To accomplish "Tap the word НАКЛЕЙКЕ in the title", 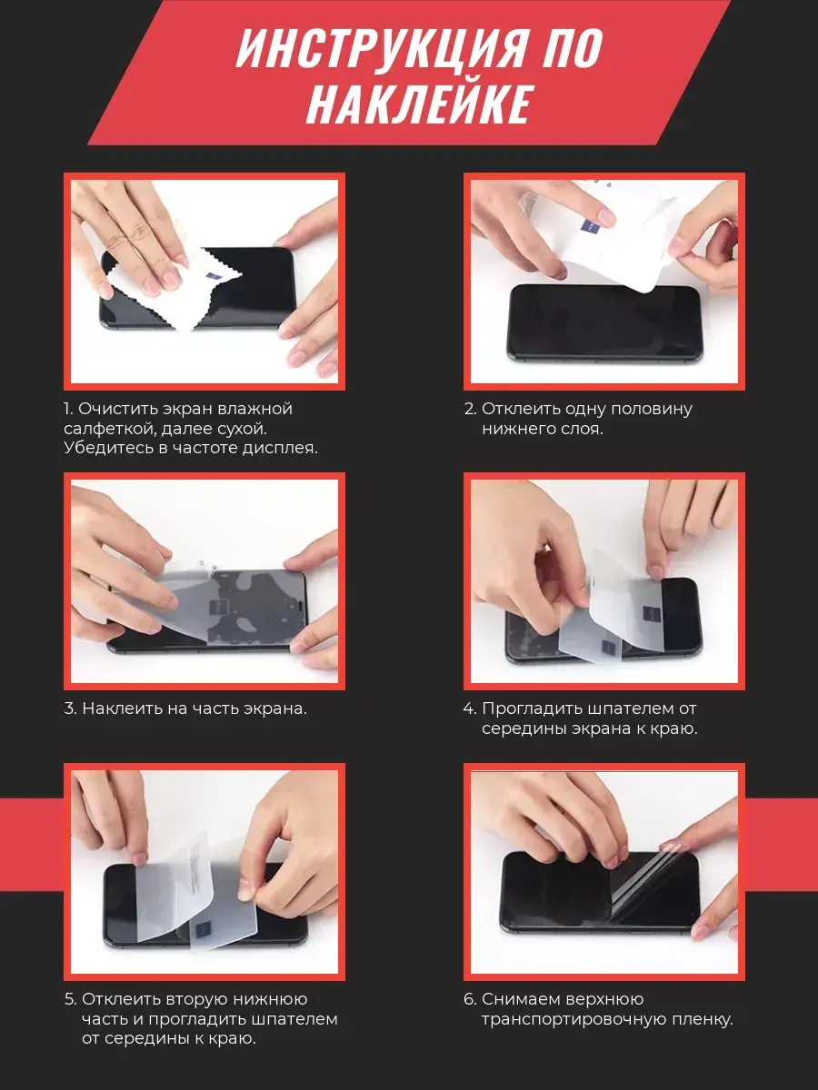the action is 416,104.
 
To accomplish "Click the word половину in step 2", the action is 651,409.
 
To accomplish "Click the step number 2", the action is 470,409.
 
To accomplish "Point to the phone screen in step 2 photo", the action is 604,321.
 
